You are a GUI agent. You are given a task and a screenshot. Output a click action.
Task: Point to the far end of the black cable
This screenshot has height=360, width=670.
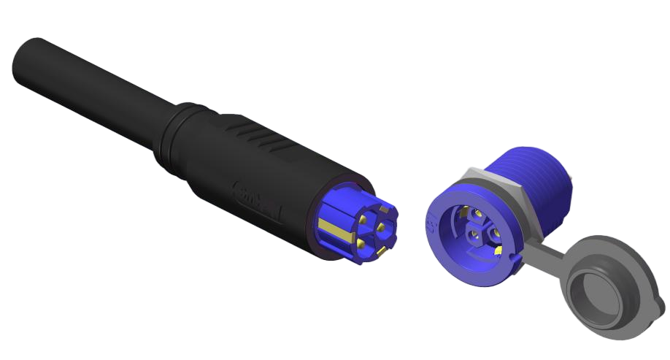pos(26,62)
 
